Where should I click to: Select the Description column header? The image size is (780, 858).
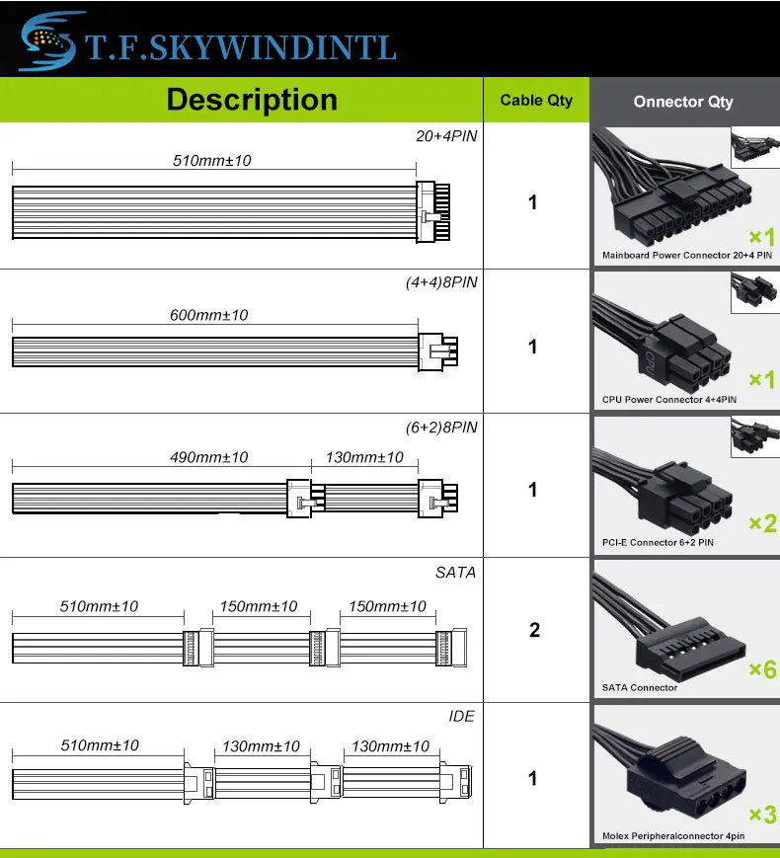(x=252, y=100)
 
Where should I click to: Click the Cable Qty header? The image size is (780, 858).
(x=536, y=100)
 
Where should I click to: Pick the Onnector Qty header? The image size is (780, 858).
(x=683, y=101)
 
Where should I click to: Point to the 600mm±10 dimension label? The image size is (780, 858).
(x=209, y=315)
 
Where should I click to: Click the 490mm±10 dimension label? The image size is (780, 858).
(x=208, y=457)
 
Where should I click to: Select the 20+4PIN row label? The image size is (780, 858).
(x=446, y=136)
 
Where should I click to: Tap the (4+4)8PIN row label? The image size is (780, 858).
(x=441, y=282)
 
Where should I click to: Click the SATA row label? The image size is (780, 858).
(x=455, y=572)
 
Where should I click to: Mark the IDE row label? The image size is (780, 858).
(x=461, y=716)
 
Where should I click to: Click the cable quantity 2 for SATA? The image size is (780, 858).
(x=534, y=630)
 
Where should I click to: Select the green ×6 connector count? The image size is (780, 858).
(x=762, y=670)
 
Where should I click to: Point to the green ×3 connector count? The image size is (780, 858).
(x=762, y=815)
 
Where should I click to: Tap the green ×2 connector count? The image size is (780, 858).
(x=762, y=523)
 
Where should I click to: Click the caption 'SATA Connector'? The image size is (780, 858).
(x=640, y=687)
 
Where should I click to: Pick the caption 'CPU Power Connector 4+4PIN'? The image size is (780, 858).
(x=669, y=400)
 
